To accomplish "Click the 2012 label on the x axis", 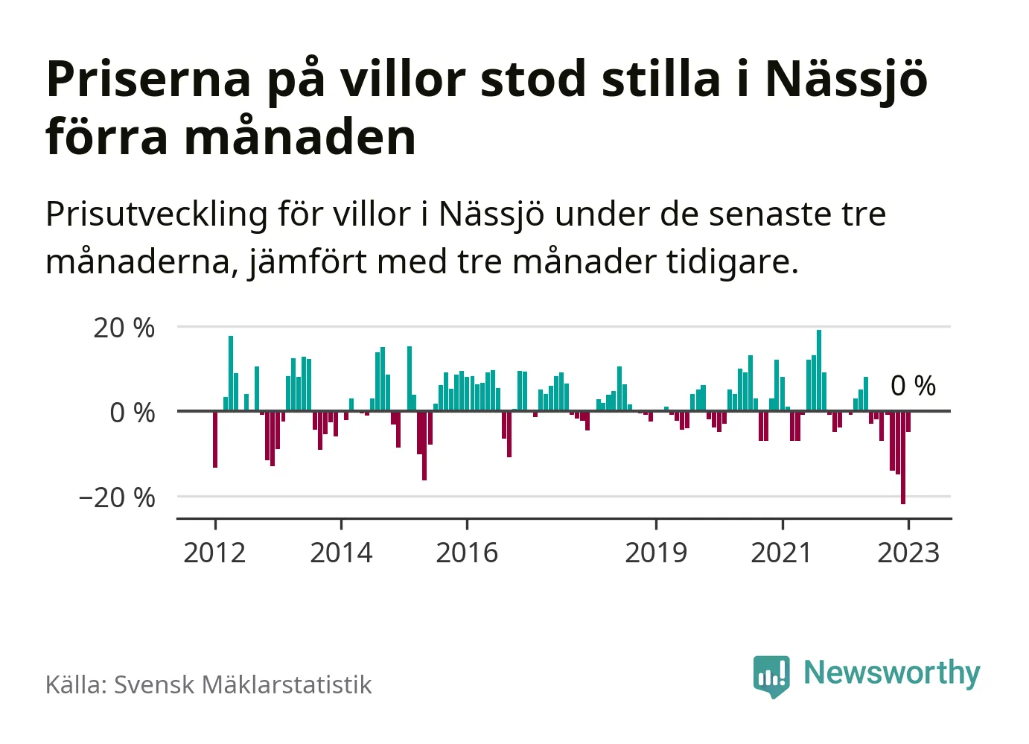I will [x=214, y=553].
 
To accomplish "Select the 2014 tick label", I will [x=341, y=553].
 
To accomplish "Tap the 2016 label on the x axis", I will [x=467, y=553].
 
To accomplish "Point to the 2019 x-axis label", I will [x=656, y=553].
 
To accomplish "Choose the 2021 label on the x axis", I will [x=782, y=553].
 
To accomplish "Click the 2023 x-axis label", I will [x=908, y=553].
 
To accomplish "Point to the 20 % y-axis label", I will [x=124, y=328].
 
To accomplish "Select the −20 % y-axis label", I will [x=117, y=497].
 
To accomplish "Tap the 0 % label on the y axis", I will [x=133, y=413].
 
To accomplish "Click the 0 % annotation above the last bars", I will [x=913, y=386].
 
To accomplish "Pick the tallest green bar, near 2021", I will [x=819, y=370].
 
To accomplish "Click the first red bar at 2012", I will [x=215, y=439].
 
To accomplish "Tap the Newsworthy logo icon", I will [x=771, y=675].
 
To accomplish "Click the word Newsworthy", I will [x=892, y=673].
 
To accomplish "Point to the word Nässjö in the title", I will [x=847, y=79].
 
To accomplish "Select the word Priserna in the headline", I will [x=149, y=79].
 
